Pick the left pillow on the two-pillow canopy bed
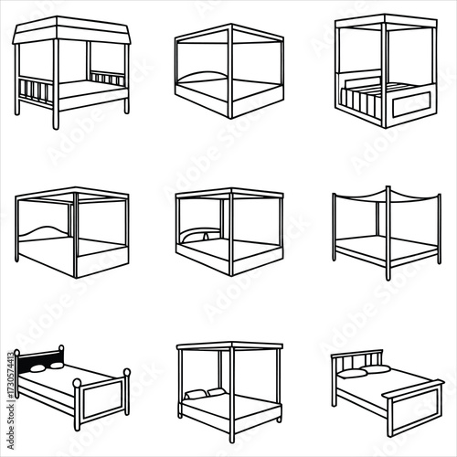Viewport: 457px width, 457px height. click(x=195, y=394)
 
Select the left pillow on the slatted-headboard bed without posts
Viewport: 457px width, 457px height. click(x=352, y=373)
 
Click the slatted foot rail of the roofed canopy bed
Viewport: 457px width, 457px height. click(x=36, y=93)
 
